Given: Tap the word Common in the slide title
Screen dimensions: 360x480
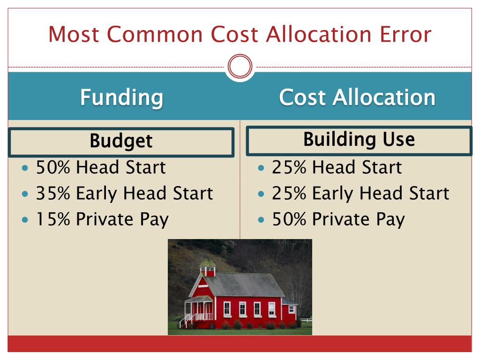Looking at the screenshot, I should click(x=155, y=34).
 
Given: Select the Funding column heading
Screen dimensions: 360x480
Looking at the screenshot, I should click(x=121, y=97).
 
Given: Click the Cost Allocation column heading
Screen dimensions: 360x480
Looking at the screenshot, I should click(x=357, y=97).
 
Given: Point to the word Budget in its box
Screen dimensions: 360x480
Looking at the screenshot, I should click(x=121, y=141).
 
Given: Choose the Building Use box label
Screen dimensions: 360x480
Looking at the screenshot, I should click(x=359, y=139).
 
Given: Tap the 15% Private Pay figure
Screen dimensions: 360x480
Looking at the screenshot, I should click(x=52, y=219).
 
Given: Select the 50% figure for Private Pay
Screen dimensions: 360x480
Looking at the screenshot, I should click(x=289, y=219).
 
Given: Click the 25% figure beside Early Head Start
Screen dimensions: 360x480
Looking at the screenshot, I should click(x=289, y=193).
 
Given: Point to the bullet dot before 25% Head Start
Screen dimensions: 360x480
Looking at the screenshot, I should click(x=262, y=167).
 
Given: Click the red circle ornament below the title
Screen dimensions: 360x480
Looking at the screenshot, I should click(x=240, y=67).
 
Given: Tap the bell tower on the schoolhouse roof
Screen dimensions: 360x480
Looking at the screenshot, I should click(x=207, y=267).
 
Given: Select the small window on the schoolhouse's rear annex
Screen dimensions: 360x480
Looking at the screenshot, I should click(x=291, y=309).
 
